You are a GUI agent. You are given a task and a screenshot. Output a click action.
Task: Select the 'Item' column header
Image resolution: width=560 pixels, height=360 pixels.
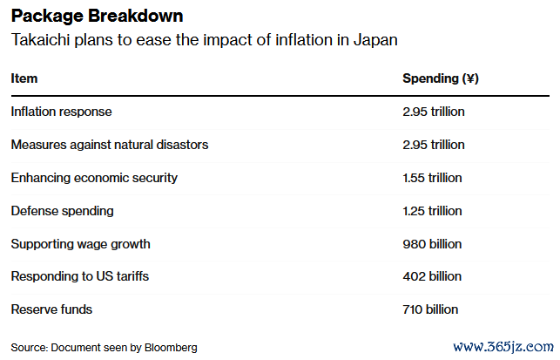(x=24, y=78)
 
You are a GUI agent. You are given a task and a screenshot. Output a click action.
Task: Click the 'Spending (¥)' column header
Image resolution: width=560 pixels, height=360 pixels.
(x=440, y=78)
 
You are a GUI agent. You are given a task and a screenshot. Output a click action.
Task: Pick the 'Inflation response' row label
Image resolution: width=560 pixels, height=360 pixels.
(x=61, y=112)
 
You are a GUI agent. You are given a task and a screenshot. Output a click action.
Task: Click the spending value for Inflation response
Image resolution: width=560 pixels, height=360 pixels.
(x=433, y=112)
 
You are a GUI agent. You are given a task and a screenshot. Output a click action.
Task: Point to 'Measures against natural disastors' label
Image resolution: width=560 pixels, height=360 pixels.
(x=110, y=145)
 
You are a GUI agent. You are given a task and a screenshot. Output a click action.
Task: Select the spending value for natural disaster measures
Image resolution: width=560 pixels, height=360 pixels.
(x=433, y=145)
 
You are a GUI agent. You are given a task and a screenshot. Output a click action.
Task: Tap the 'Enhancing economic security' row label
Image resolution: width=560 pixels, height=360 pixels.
(x=94, y=178)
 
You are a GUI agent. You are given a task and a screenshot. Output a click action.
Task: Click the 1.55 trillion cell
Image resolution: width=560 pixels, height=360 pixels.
(x=432, y=178)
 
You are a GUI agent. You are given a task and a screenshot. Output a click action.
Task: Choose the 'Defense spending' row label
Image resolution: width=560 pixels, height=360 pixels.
(x=62, y=211)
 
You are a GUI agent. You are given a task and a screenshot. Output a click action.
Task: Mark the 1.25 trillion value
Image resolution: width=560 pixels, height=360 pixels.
(x=432, y=211)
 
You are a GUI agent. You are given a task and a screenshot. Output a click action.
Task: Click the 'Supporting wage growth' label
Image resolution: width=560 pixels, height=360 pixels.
(x=79, y=244)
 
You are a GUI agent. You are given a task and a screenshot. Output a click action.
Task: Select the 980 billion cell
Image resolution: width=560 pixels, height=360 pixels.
(x=431, y=244)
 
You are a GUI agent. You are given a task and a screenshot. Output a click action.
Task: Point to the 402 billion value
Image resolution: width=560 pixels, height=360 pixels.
(x=431, y=276)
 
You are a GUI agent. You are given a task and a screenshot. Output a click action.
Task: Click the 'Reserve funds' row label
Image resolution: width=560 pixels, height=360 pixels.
(x=51, y=309)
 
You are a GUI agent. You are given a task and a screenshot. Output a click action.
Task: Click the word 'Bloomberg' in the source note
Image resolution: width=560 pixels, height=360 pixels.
(x=172, y=348)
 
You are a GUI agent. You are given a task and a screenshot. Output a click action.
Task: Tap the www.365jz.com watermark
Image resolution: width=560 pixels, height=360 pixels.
(x=503, y=345)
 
